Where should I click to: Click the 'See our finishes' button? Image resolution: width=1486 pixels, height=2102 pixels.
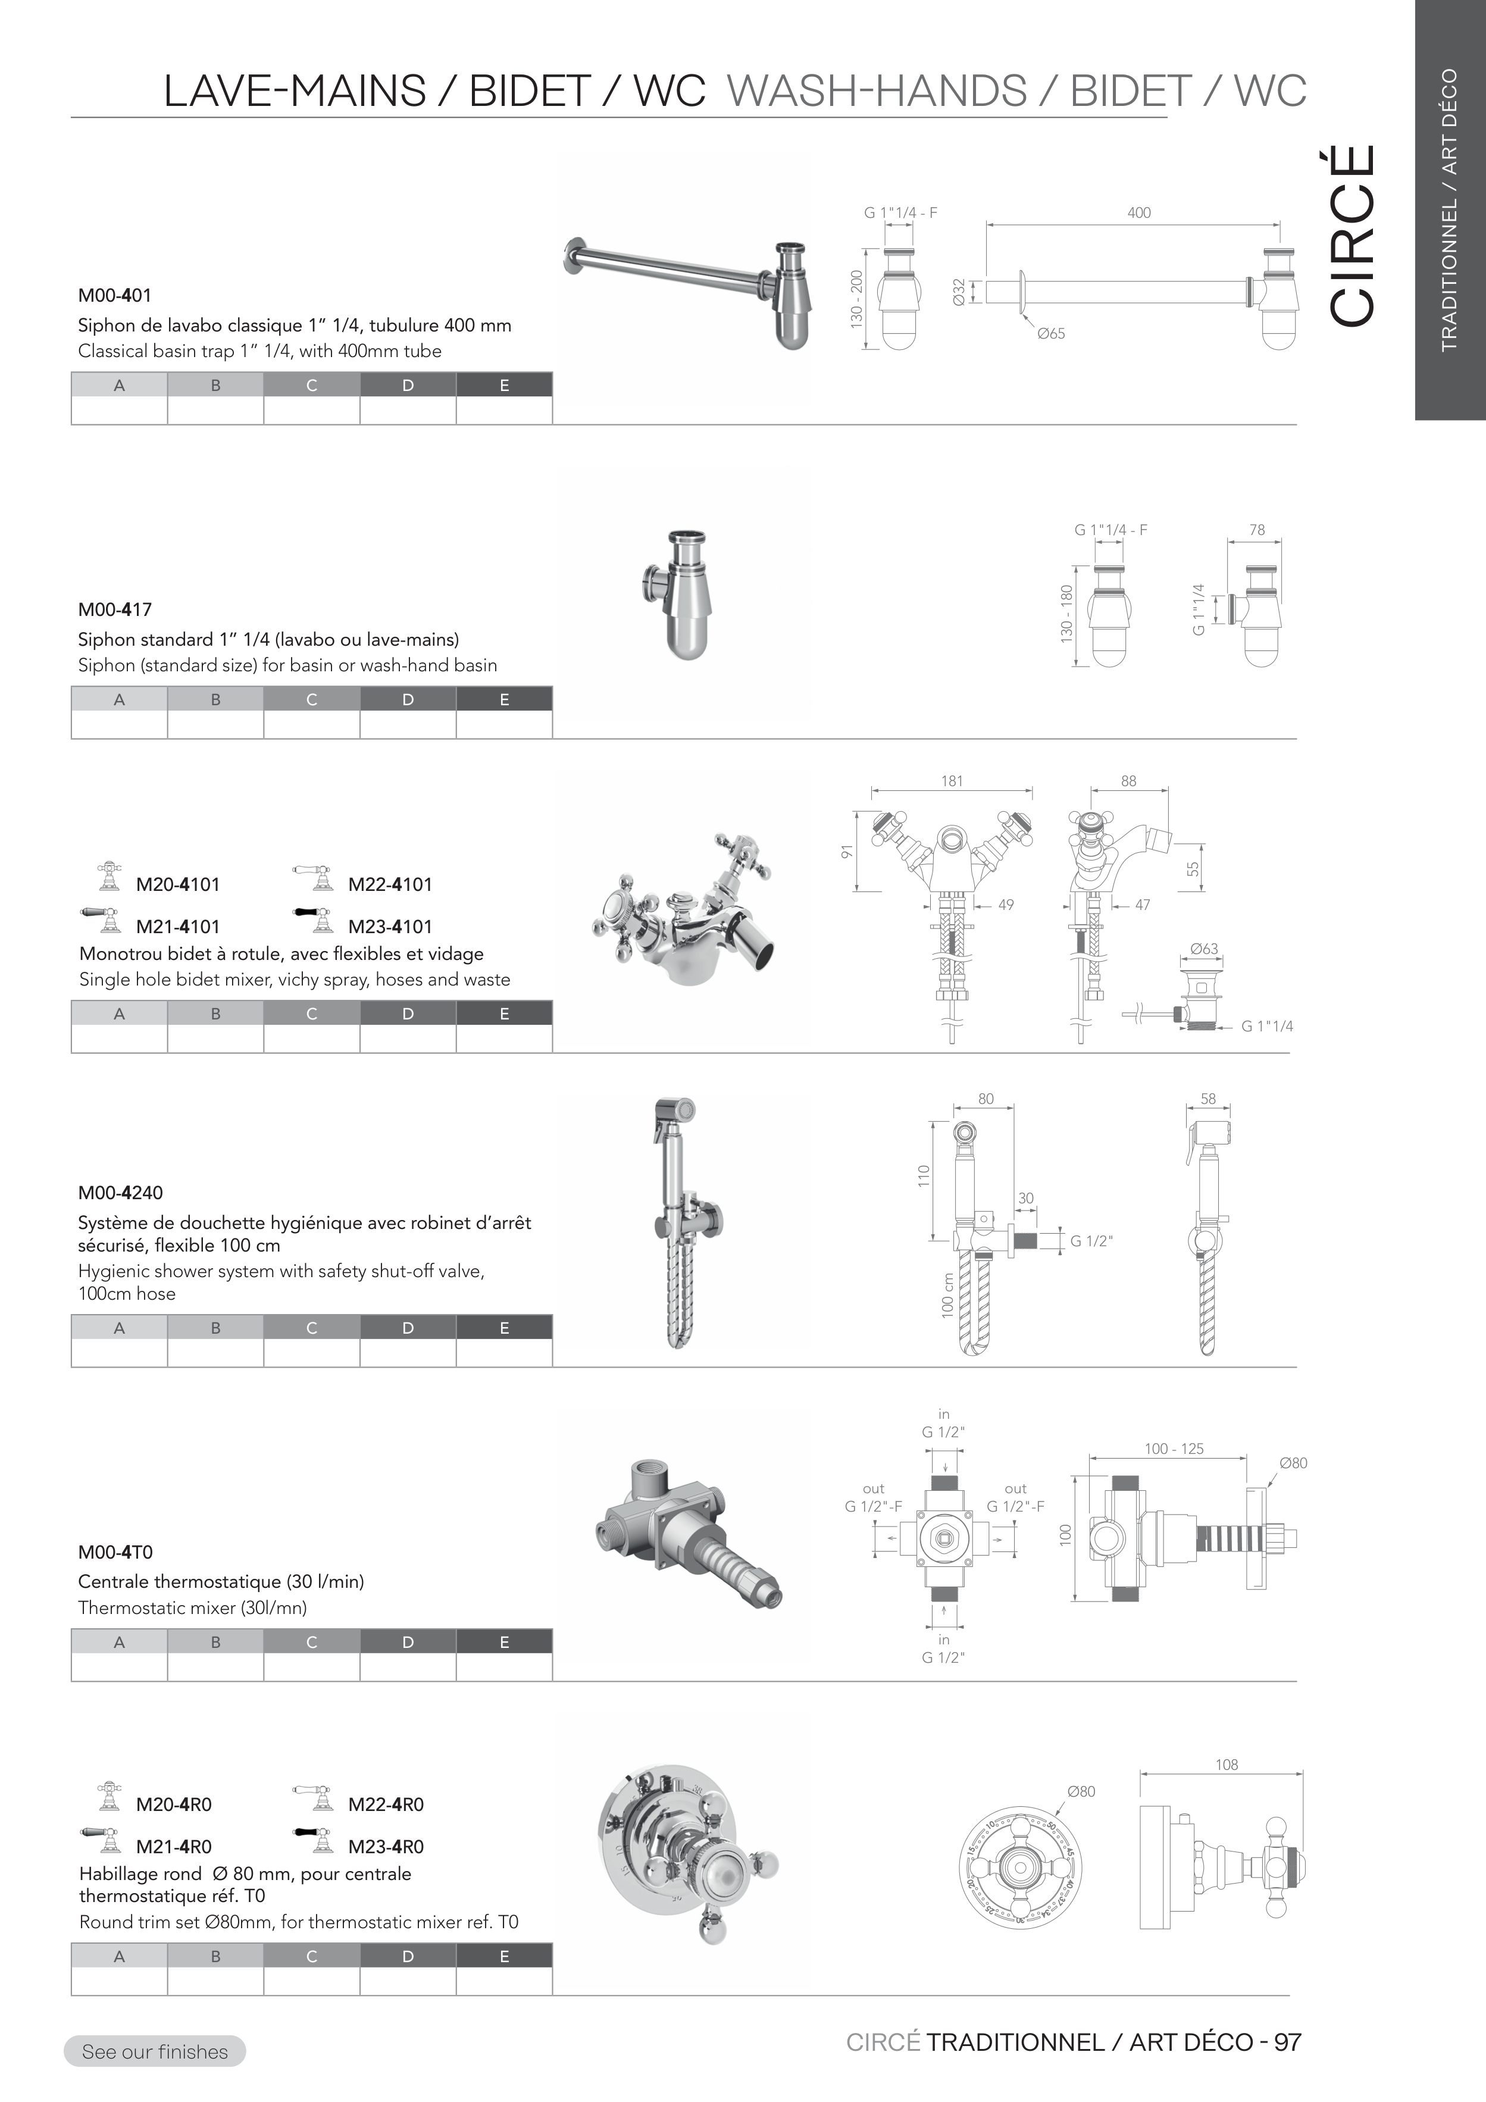[x=155, y=2051]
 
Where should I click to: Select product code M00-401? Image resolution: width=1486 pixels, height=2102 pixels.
[x=114, y=296]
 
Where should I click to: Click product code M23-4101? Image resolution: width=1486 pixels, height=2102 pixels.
[x=390, y=927]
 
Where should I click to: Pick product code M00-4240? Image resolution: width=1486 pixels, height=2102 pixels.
[x=120, y=1193]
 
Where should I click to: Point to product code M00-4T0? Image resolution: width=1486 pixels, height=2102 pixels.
[x=115, y=1552]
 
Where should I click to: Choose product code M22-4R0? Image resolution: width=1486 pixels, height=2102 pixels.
[x=386, y=1804]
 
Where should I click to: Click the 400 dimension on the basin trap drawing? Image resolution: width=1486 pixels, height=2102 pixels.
[x=1139, y=212]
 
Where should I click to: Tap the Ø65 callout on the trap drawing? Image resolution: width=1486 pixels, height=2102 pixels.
[x=1051, y=334]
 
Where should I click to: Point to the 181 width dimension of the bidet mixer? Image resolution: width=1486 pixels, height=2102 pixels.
[x=952, y=781]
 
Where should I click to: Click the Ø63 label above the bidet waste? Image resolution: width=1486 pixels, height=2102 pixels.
[x=1204, y=949]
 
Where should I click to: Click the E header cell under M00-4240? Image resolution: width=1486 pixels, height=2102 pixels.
[x=505, y=1328]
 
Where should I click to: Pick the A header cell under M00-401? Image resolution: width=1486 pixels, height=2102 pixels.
[x=119, y=386]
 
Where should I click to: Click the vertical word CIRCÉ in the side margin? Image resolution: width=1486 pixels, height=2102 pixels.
[x=1352, y=235]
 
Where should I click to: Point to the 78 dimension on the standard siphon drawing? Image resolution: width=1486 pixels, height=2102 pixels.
[x=1256, y=530]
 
